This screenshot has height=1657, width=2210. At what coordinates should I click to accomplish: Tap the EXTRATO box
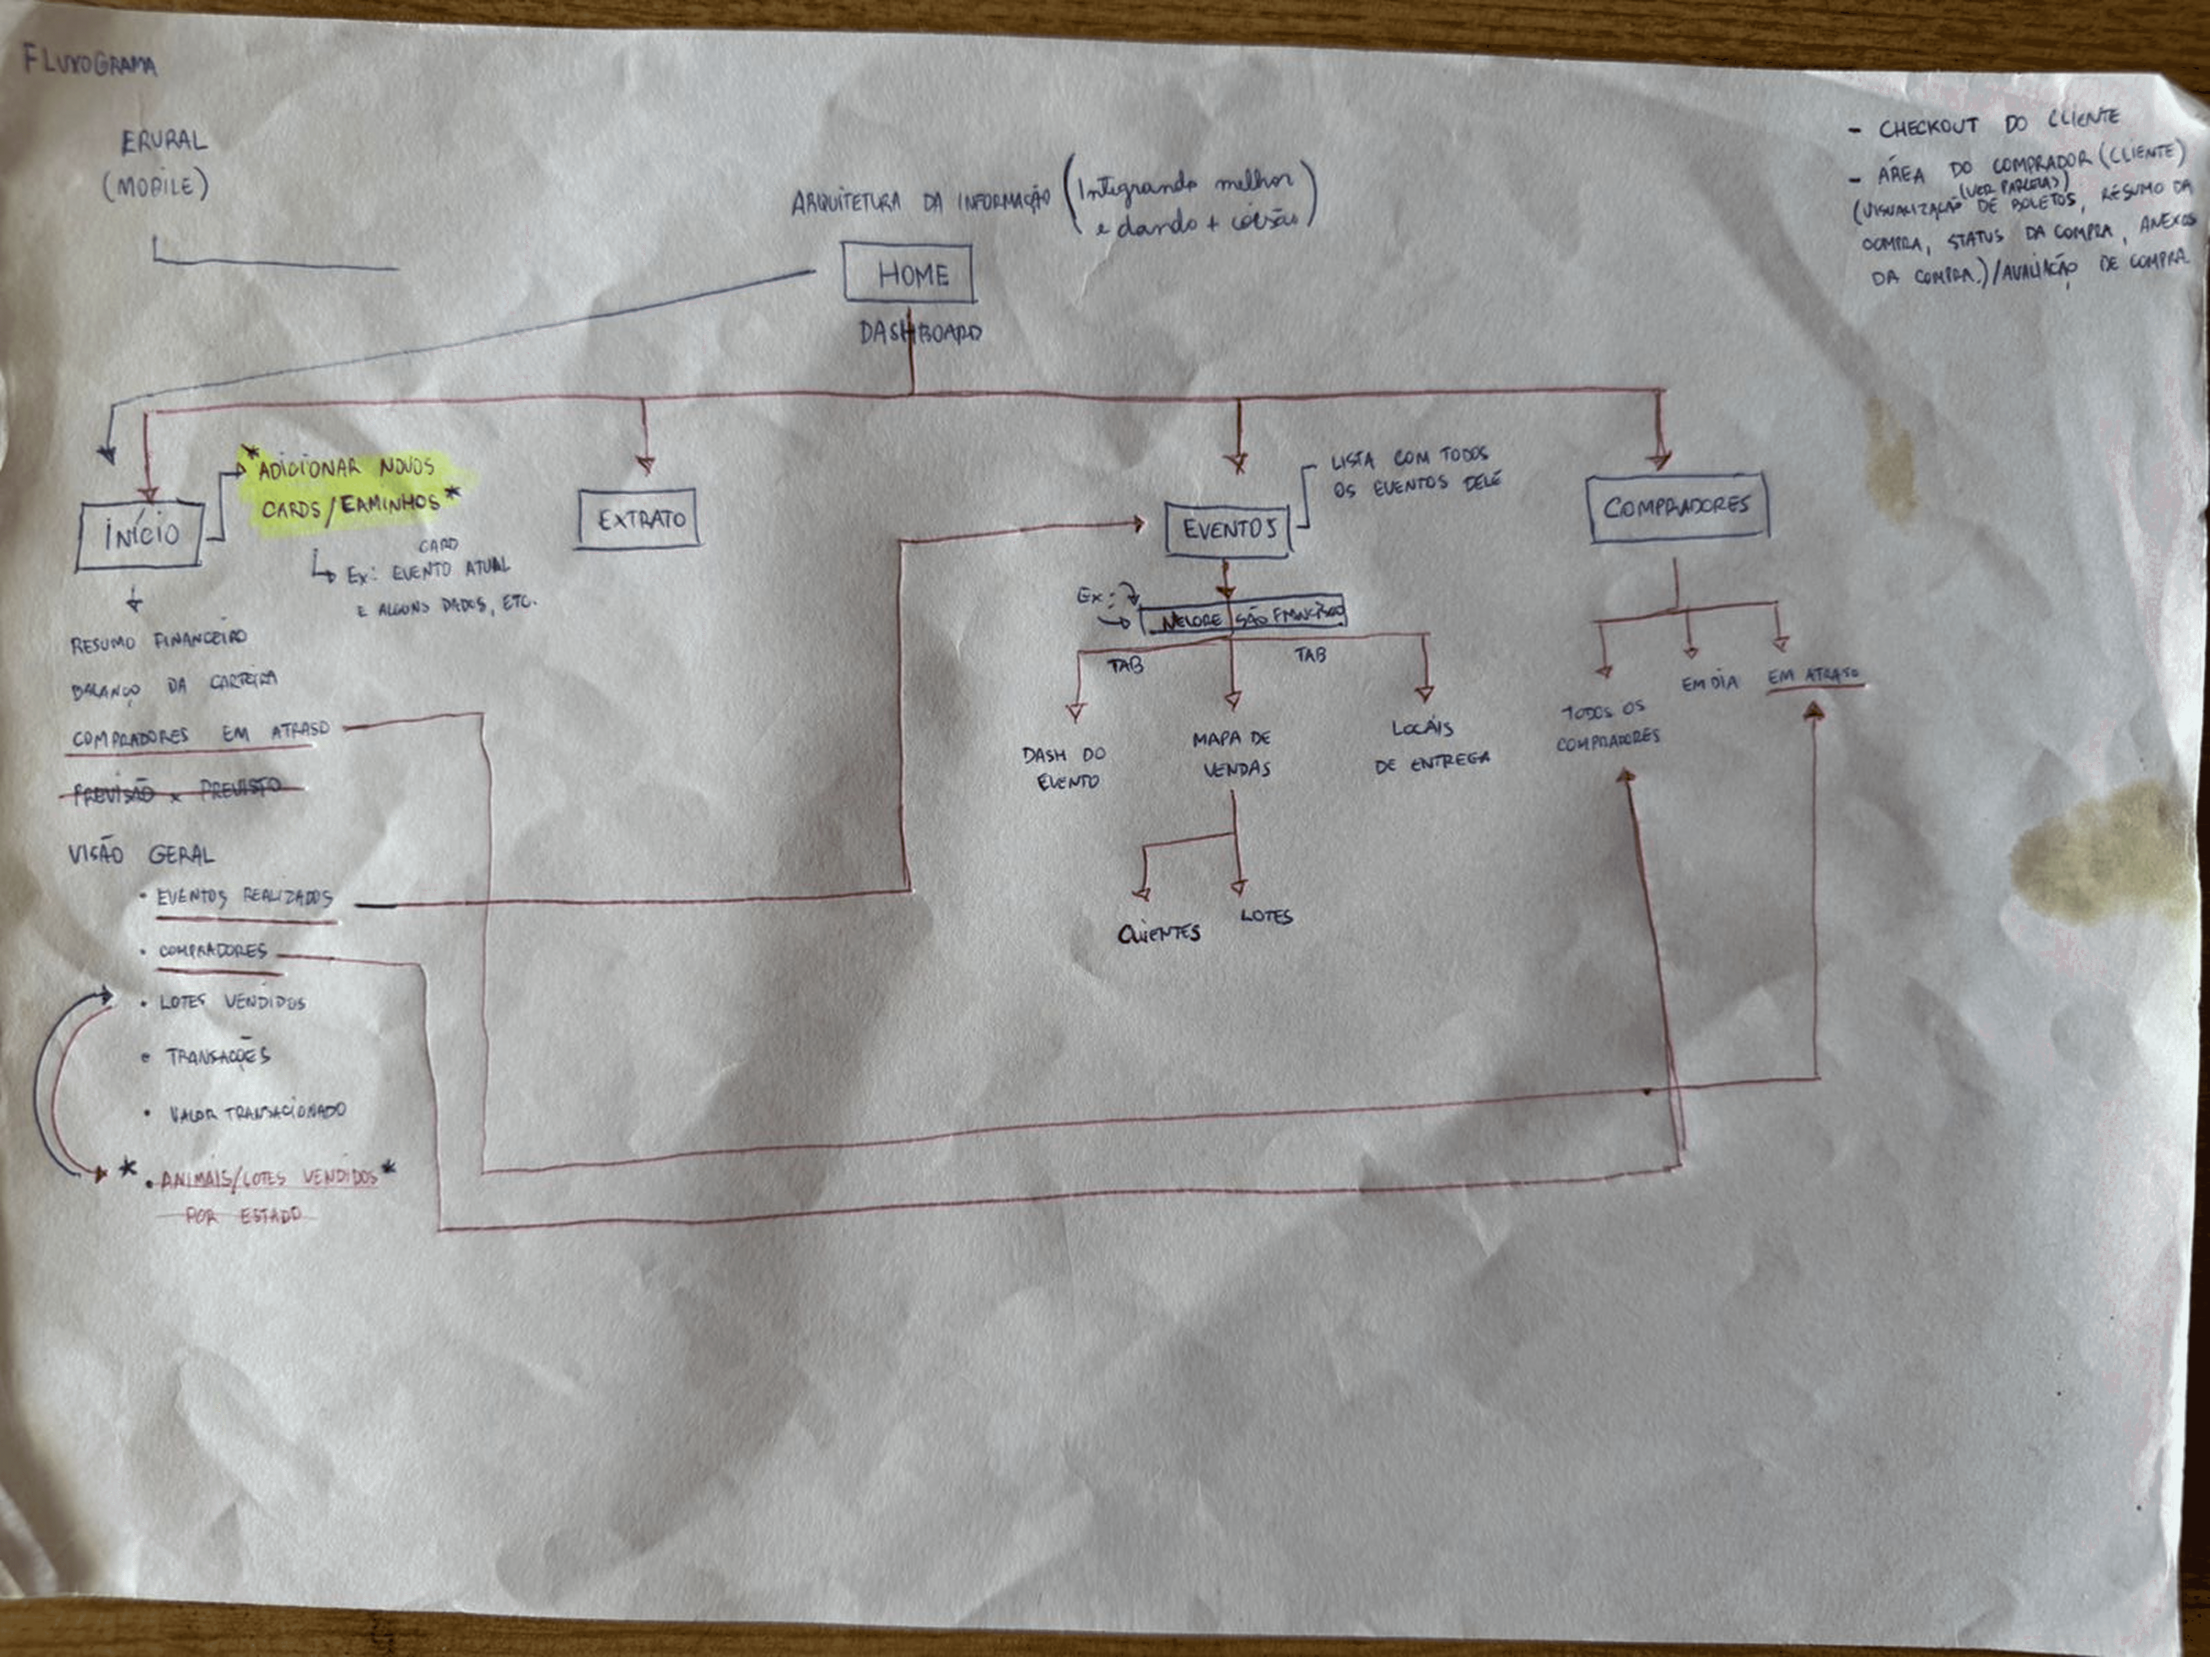pos(637,520)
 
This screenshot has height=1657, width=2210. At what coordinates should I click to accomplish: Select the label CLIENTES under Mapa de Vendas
pos(1159,933)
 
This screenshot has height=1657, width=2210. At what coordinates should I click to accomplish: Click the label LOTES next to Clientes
pos(1266,916)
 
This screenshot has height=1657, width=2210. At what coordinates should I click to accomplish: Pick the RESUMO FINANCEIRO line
pos(158,641)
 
